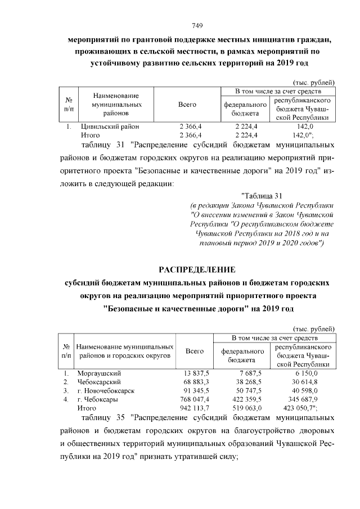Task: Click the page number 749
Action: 197,25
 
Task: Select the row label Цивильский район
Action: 106,127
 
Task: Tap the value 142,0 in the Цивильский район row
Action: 304,127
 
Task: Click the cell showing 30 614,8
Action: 305,382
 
